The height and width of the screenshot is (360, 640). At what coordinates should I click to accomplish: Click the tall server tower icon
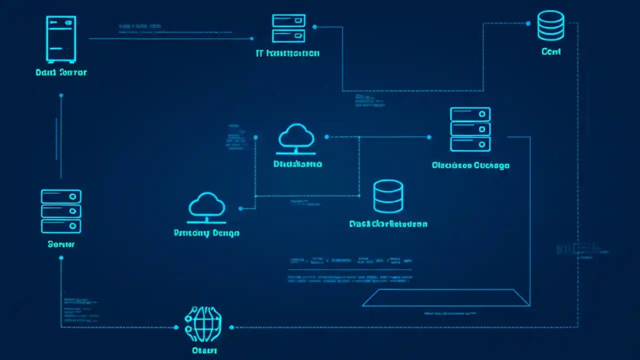61,39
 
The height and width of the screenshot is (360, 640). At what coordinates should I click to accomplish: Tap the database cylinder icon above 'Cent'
550,25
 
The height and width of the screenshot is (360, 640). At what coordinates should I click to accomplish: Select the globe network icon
203,324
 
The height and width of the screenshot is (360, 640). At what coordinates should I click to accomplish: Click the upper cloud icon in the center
296,138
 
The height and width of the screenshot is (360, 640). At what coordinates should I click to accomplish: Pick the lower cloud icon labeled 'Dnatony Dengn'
206,207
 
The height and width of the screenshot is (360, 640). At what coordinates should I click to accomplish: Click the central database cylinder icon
388,196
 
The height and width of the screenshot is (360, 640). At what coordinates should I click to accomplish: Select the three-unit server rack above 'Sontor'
61,211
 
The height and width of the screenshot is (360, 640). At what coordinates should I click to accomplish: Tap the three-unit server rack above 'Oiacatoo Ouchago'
470,129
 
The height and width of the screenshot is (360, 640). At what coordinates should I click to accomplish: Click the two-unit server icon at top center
288,28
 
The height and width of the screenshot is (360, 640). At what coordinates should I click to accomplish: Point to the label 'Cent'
551,51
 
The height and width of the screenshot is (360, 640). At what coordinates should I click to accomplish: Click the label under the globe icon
204,350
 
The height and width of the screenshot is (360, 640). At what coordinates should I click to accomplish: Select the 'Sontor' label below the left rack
61,244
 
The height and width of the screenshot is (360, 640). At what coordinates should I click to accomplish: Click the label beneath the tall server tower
61,72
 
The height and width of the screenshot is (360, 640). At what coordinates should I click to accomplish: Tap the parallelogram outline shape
445,297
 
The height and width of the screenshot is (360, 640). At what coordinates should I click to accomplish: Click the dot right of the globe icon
231,327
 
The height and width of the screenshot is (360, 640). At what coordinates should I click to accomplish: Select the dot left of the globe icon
176,327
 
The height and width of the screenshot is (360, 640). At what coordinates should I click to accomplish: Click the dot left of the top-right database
528,23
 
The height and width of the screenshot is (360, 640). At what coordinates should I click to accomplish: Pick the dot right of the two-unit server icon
314,26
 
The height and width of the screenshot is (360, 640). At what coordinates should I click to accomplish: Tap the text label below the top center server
287,53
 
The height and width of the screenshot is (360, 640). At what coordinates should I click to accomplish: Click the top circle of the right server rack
482,114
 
